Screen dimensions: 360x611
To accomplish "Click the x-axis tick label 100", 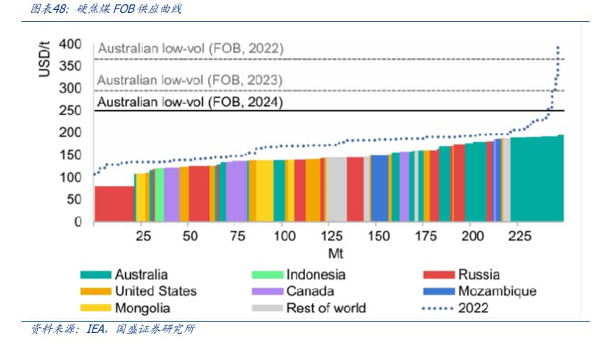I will [x=283, y=236].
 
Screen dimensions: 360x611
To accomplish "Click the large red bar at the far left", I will [x=114, y=203].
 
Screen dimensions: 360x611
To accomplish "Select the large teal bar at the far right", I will [x=536, y=179].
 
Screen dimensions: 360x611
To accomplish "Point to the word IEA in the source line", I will [x=96, y=329].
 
